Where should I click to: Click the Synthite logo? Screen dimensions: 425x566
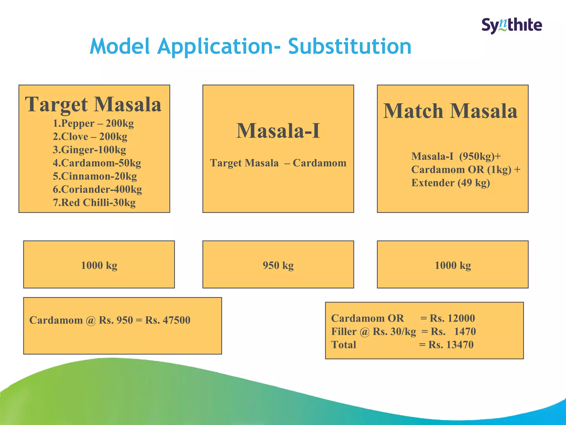(x=512, y=25)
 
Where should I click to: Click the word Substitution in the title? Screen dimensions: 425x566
(x=350, y=46)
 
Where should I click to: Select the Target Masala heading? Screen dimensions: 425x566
(x=93, y=104)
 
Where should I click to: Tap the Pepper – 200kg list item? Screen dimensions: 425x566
(x=93, y=123)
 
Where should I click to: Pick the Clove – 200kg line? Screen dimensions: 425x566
(x=90, y=137)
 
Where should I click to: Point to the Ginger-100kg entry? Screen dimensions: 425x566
(x=89, y=150)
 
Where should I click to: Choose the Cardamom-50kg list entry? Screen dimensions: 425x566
(x=97, y=163)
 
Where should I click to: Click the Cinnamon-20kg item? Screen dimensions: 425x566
(x=95, y=176)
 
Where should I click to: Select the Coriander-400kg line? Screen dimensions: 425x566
(x=97, y=190)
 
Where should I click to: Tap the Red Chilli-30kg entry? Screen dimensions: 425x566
(x=94, y=203)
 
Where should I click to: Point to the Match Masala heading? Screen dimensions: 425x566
(x=450, y=111)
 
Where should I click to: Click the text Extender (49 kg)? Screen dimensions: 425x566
(x=450, y=183)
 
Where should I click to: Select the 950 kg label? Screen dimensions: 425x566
(x=278, y=265)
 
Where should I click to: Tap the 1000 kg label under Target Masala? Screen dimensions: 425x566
(x=99, y=265)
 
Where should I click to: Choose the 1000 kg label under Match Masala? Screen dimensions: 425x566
(x=453, y=265)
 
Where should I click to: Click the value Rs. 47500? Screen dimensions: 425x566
(x=168, y=320)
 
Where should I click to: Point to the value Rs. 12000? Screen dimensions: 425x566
(x=452, y=318)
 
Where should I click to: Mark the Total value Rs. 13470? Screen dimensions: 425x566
(x=451, y=345)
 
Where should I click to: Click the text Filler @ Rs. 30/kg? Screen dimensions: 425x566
(x=373, y=331)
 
